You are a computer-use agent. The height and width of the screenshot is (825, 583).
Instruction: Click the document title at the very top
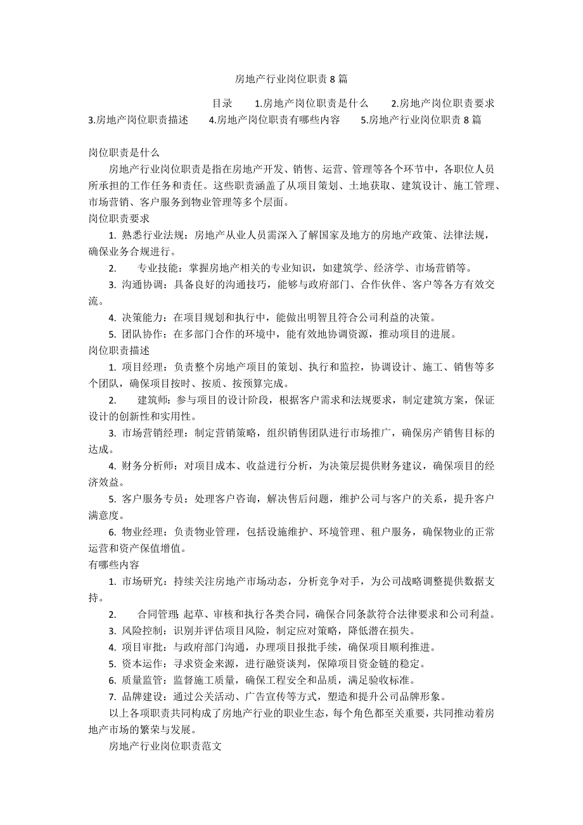(291, 79)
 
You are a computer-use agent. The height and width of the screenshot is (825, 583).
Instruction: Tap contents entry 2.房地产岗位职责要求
(443, 103)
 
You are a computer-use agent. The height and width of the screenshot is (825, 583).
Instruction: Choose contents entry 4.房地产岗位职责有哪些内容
(274, 120)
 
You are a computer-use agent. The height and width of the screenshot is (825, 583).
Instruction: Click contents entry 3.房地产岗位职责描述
(138, 120)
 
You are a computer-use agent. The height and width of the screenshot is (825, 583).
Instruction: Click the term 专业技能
(157, 268)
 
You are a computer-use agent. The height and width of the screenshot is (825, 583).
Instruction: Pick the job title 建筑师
(152, 400)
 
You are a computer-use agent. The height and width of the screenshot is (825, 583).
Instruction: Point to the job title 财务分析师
(148, 466)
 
